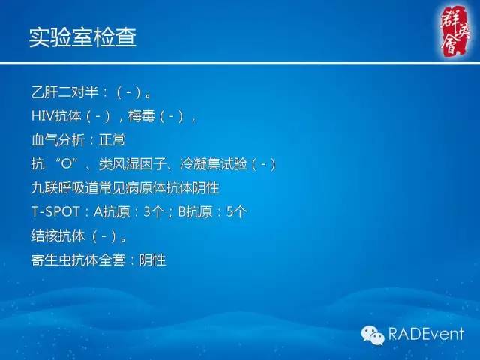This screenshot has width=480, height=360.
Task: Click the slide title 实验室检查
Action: (x=82, y=37)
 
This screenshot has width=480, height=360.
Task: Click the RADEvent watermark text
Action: (x=425, y=333)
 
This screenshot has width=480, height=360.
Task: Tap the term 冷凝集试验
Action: (x=214, y=164)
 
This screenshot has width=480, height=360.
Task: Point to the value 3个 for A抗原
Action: (x=154, y=212)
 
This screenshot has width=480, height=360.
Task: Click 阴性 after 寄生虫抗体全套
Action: (x=152, y=260)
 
